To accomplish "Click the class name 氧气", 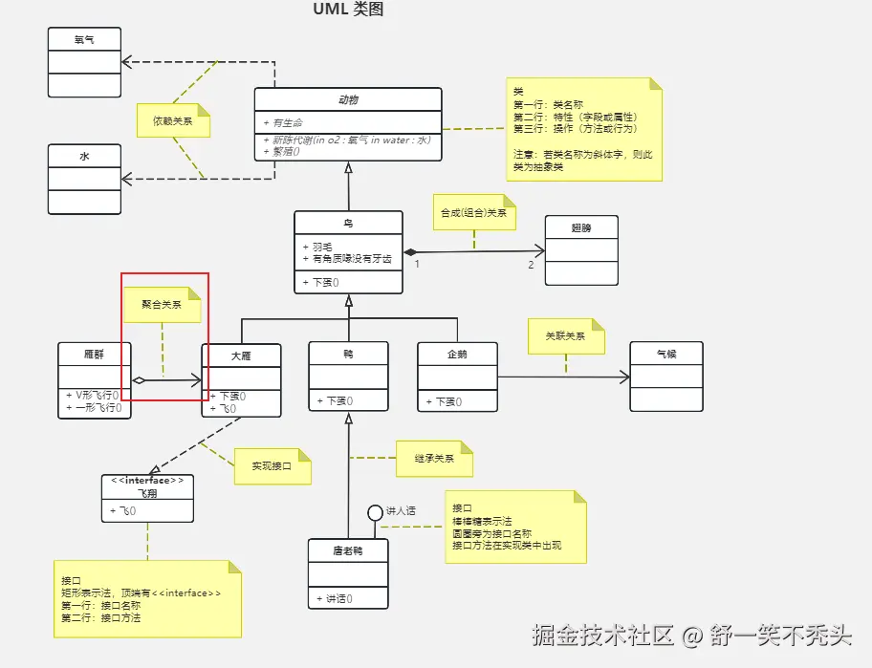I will tap(84, 39).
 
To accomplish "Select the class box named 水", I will tap(84, 179).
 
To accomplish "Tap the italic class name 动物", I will tap(348, 99).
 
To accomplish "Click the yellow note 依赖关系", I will tap(172, 121).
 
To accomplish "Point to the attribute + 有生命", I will tap(283, 123).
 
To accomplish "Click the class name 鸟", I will tap(348, 223).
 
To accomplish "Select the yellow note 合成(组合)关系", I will tap(472, 213).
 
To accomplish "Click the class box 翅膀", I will tap(581, 249).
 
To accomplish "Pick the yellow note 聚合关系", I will tap(161, 305).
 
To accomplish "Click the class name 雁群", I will tap(94, 354).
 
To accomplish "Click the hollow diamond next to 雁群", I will tap(139, 381).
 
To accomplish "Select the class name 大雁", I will tap(241, 356).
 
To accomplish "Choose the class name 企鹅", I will tap(457, 354).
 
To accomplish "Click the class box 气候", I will tap(665, 376).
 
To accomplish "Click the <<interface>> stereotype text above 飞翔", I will tap(147, 481).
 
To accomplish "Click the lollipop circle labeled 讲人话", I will tap(376, 512).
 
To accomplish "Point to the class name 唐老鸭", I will tap(348, 550).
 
